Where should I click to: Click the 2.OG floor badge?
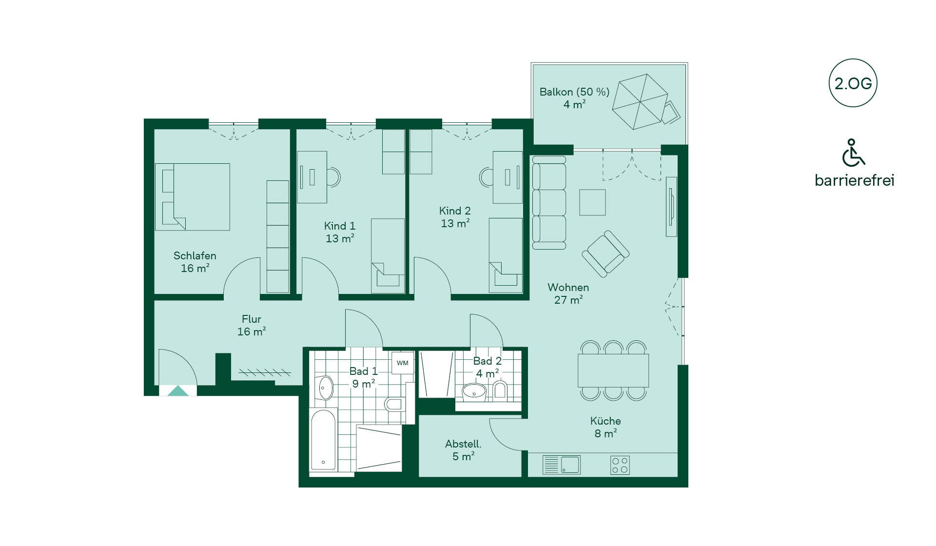853,83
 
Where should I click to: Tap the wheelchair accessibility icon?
853,153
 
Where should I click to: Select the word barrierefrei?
854,180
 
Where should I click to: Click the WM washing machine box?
403,363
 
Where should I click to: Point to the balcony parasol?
640,102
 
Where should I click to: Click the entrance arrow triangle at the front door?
178,390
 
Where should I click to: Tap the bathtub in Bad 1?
323,440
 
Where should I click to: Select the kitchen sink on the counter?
561,465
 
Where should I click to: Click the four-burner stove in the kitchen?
620,465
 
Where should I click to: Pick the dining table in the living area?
613,370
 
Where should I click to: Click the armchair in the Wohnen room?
605,254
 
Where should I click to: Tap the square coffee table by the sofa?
592,202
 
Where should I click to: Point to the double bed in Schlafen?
193,197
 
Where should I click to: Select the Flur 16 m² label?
252,325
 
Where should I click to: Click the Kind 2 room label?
455,211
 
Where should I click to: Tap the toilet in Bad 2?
500,390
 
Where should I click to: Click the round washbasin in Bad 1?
326,388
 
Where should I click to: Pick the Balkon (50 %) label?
574,92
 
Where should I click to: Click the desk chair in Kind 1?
334,177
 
